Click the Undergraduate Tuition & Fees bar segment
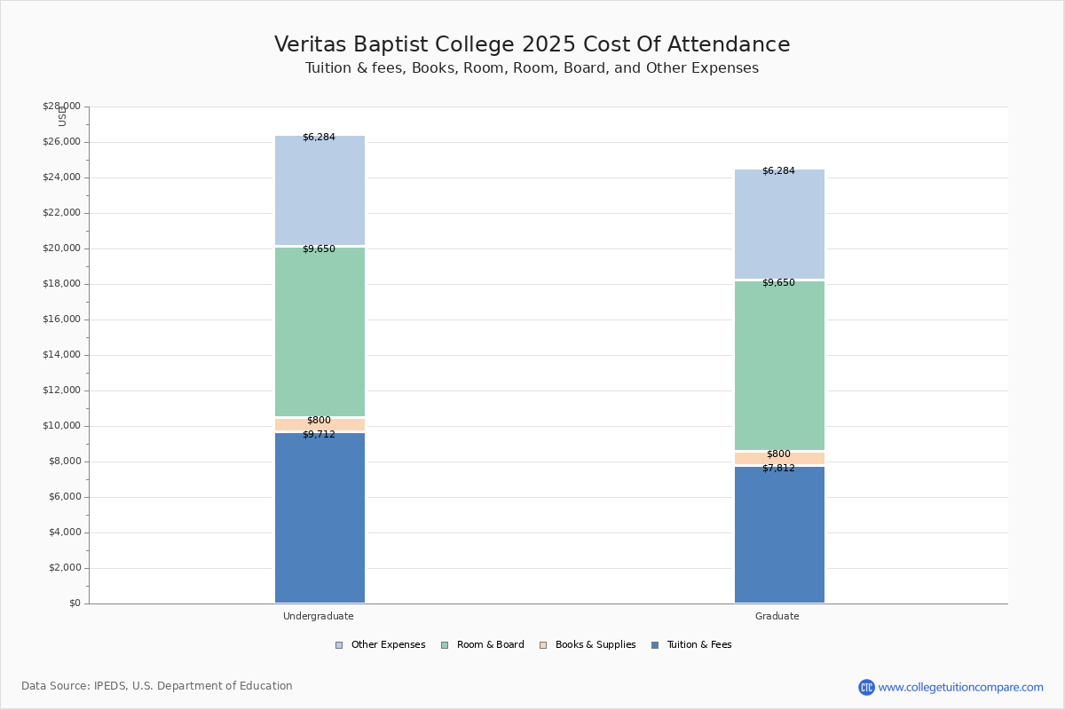pos(320,517)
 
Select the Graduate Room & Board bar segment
pos(779,366)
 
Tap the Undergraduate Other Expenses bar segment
pos(320,190)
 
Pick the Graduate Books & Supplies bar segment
pos(779,459)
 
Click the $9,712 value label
pos(319,434)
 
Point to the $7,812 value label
pos(779,468)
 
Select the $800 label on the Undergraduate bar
pos(319,420)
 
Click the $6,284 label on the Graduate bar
pos(779,170)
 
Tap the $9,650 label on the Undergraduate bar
pos(319,248)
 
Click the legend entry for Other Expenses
pos(381,645)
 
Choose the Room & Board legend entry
pos(483,645)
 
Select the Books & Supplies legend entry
pos(588,645)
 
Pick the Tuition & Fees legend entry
pos(691,645)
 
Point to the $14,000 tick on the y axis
pos(62,355)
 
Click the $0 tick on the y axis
pos(75,603)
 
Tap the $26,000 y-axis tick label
pos(62,142)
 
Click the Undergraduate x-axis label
pos(319,616)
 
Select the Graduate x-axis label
pos(777,616)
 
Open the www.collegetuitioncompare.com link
pos(960,687)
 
